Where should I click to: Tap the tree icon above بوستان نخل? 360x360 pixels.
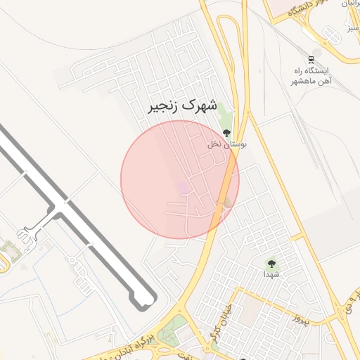click(226, 132)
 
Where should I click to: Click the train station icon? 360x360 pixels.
click(311, 60)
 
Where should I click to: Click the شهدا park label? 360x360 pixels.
click(271, 274)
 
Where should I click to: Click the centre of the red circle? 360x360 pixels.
click(180, 179)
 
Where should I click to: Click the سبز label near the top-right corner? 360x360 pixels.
click(352, 30)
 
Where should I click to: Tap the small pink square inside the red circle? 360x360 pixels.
click(184, 187)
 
